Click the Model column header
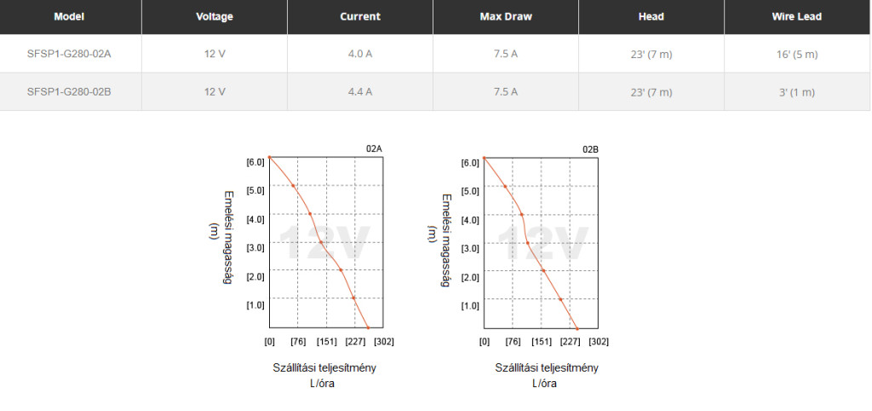pyautogui.click(x=70, y=16)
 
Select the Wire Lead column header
pyautogui.click(x=797, y=16)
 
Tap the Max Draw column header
pyautogui.click(x=505, y=16)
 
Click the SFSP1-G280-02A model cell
pyautogui.click(x=70, y=54)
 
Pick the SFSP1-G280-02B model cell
pyautogui.click(x=70, y=91)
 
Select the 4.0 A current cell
pyautogui.click(x=360, y=54)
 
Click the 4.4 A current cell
pyautogui.click(x=360, y=91)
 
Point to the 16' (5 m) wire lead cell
pyautogui.click(x=797, y=54)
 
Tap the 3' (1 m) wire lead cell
pyautogui.click(x=797, y=91)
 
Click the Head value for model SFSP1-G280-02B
pyautogui.click(x=651, y=91)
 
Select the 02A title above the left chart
pyautogui.click(x=374, y=149)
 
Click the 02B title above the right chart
pyautogui.click(x=590, y=149)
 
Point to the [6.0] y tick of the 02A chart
pyautogui.click(x=255, y=162)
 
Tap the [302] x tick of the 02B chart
pyautogui.click(x=599, y=342)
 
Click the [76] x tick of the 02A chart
pyautogui.click(x=298, y=342)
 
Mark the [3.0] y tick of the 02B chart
pyautogui.click(x=470, y=248)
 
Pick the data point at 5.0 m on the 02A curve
pyautogui.click(x=294, y=185)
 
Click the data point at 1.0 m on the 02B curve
pyautogui.click(x=560, y=299)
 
